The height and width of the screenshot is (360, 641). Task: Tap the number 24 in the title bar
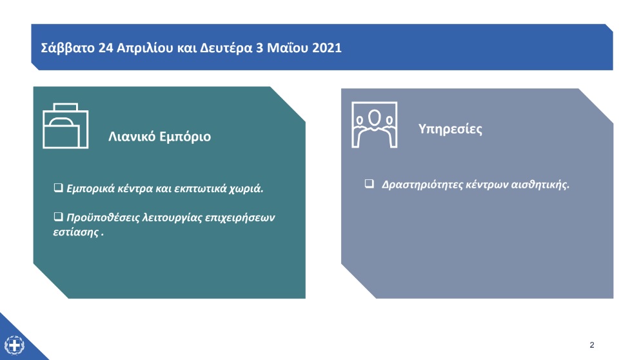point(106,48)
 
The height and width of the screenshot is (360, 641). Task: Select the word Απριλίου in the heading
point(145,48)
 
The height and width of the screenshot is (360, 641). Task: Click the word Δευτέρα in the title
point(226,48)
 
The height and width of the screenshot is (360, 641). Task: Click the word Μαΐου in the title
point(288,48)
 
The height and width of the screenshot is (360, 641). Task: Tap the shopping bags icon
point(65,126)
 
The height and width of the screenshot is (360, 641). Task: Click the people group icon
point(375,125)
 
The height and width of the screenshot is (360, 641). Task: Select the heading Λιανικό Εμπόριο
point(160,136)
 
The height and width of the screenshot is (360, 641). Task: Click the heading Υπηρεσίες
point(450,129)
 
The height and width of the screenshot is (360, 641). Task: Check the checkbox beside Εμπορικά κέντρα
point(58,187)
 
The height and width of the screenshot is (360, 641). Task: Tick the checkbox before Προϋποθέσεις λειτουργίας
point(58,216)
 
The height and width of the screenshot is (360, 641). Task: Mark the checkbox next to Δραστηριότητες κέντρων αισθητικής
point(369,183)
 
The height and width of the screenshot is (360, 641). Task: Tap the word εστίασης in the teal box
point(76,232)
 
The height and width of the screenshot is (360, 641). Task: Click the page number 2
point(592,345)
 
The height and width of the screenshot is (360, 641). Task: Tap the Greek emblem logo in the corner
point(15,345)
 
